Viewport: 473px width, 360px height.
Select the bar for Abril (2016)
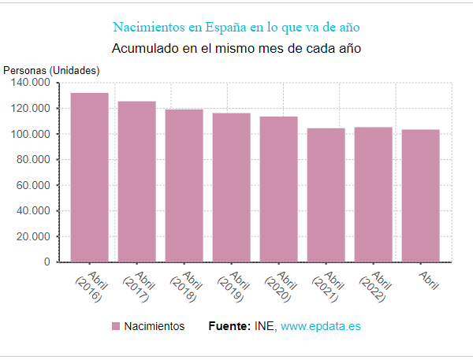click(89, 177)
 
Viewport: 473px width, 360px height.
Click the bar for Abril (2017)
click(136, 181)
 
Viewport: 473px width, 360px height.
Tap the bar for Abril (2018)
click(184, 185)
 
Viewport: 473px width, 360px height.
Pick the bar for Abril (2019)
click(231, 187)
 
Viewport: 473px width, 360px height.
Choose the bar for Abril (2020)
click(278, 189)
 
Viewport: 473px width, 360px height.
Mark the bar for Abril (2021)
click(326, 195)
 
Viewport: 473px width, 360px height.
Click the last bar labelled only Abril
click(420, 195)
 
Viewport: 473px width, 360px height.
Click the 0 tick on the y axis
click(47, 262)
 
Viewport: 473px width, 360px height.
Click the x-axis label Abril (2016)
click(89, 286)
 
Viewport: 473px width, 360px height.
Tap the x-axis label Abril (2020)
click(278, 286)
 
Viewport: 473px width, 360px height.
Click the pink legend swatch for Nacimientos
click(116, 326)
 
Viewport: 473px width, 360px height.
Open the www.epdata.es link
click(321, 326)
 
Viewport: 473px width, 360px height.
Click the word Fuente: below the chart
click(229, 326)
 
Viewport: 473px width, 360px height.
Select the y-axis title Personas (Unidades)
click(51, 70)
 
